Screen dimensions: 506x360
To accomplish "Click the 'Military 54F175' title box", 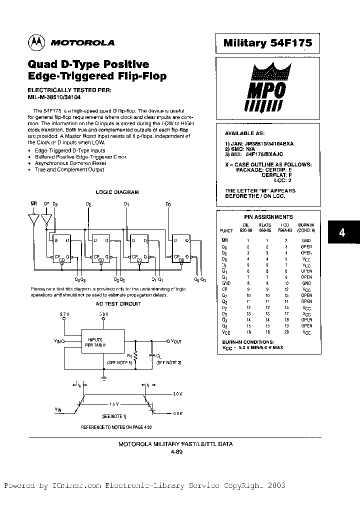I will coord(267,43).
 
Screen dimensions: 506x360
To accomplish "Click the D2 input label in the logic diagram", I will coord(88,204).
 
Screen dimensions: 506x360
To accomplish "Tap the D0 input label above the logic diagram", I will coord(168,204).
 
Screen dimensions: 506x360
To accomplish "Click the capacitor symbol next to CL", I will coord(152,355).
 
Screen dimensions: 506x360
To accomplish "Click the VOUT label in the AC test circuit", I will coord(176,341).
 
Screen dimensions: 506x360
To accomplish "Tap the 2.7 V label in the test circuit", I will coord(64,313).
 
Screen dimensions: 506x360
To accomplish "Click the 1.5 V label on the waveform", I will coord(114,402).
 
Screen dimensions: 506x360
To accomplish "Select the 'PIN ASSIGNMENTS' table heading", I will coord(268,217).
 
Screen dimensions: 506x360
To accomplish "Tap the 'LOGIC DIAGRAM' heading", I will coord(117,192).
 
